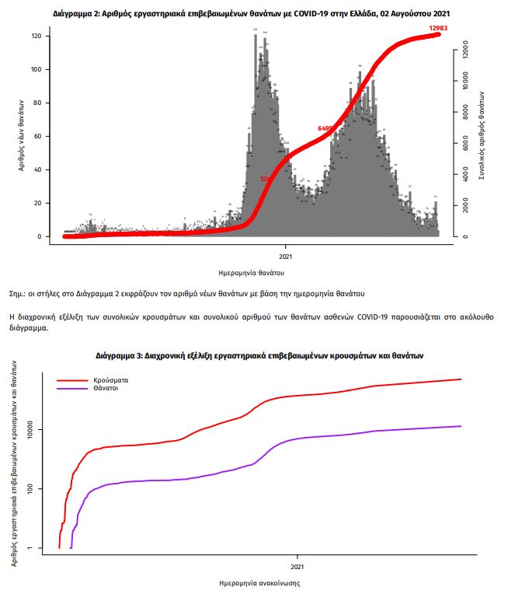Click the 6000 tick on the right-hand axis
click(465, 144)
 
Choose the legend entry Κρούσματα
click(110, 380)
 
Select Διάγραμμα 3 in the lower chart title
click(118, 355)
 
